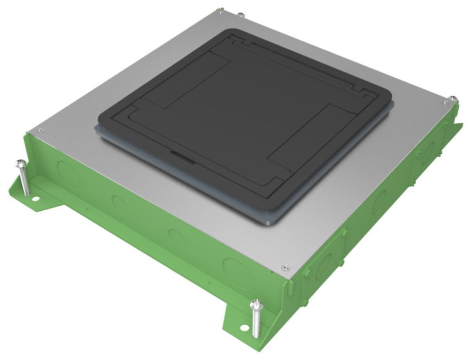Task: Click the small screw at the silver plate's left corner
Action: click(41, 130)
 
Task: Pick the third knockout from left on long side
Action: click(177, 235)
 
